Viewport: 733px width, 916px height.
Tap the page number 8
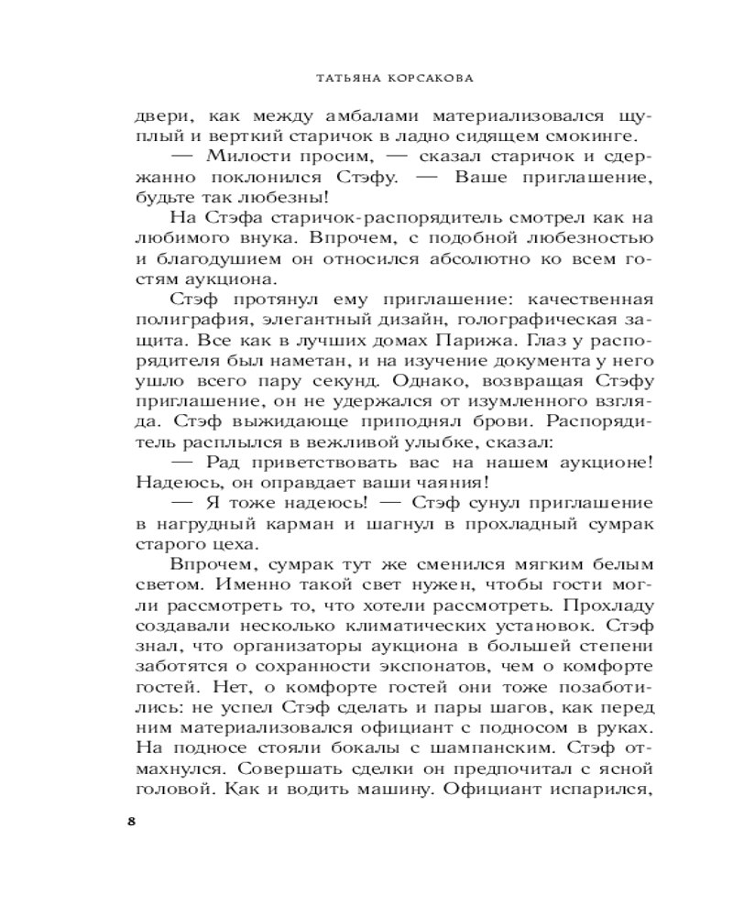pyautogui.click(x=131, y=819)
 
